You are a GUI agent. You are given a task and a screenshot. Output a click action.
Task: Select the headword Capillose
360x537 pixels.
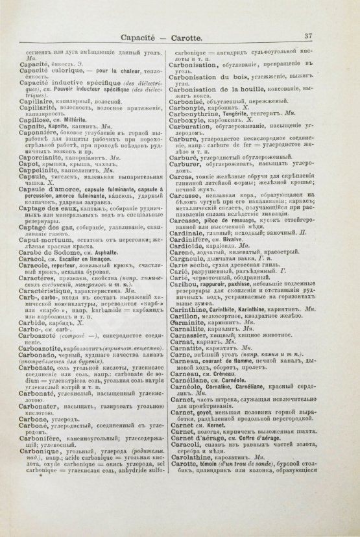tap(46, 120)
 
